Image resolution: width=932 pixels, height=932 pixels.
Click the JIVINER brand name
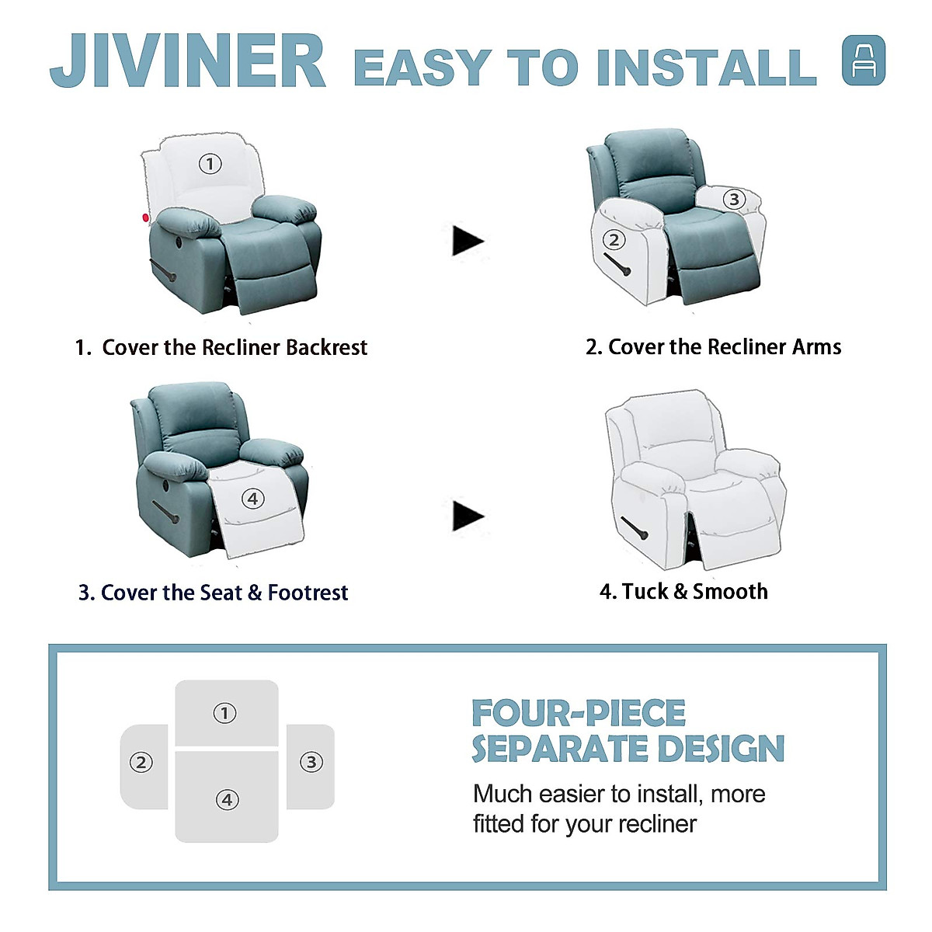point(188,62)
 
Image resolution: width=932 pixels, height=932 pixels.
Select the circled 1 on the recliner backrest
point(210,164)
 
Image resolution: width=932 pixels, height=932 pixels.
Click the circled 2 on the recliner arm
point(614,240)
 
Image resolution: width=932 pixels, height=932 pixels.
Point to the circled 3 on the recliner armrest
point(734,200)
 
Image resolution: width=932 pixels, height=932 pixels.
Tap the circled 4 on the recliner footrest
point(252,499)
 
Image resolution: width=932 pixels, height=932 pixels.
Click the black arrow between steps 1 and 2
point(468,241)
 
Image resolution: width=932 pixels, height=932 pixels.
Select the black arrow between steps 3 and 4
point(468,516)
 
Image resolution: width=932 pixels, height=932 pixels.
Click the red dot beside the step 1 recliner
point(145,218)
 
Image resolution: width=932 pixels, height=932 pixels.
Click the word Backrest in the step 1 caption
point(326,347)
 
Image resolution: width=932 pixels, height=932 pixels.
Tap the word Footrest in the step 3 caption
point(308,593)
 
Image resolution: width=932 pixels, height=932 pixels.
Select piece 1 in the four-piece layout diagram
point(226,713)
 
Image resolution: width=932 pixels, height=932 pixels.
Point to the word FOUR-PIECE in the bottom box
point(579,713)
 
